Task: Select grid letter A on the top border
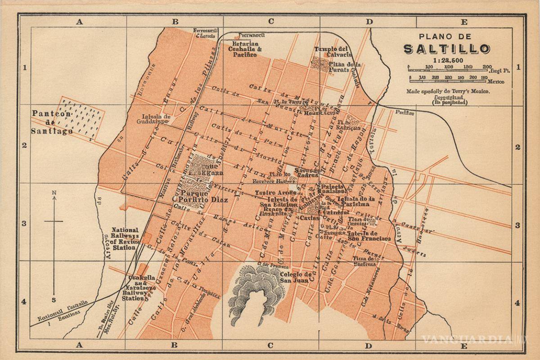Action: point(80,21)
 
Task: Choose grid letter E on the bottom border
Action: point(464,346)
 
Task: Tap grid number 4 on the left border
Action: point(24,302)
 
